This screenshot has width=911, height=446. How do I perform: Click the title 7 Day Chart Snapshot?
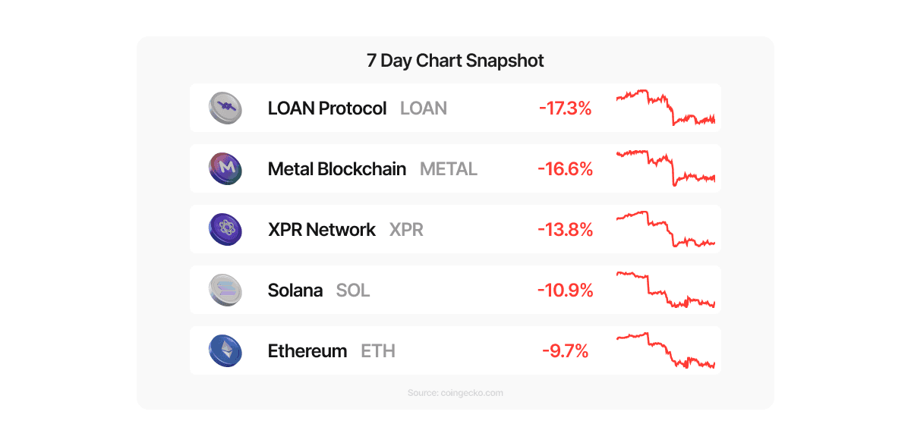pyautogui.click(x=455, y=61)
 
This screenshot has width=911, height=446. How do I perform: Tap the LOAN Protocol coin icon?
pyautogui.click(x=225, y=108)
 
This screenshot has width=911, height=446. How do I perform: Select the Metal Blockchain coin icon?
pyautogui.click(x=225, y=168)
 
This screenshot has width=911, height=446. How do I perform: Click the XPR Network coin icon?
pyautogui.click(x=225, y=229)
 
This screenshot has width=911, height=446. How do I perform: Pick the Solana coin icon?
pyautogui.click(x=225, y=290)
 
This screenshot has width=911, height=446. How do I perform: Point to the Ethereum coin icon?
pyautogui.click(x=225, y=350)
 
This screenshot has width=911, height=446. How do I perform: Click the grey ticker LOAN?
pyautogui.click(x=424, y=108)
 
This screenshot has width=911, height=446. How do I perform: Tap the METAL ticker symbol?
pyautogui.click(x=449, y=169)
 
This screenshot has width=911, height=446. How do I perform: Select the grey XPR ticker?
pyautogui.click(x=406, y=230)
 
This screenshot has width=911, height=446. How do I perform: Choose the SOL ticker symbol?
pyautogui.click(x=353, y=291)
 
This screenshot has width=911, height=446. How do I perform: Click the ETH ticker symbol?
pyautogui.click(x=378, y=351)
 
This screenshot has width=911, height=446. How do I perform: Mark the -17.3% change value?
pyautogui.click(x=566, y=108)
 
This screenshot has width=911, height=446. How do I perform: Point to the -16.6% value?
pyautogui.click(x=566, y=169)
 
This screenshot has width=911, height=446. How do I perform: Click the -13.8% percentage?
pyautogui.click(x=566, y=230)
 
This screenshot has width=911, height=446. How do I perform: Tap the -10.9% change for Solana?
pyautogui.click(x=566, y=291)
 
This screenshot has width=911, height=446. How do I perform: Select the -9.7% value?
pyautogui.click(x=566, y=351)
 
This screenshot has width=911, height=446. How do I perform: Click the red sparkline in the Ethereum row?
pyautogui.click(x=665, y=350)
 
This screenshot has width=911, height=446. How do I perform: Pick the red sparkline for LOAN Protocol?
pyautogui.click(x=665, y=108)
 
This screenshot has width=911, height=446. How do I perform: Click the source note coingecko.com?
pyautogui.click(x=455, y=393)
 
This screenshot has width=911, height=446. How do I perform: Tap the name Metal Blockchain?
pyautogui.click(x=337, y=169)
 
